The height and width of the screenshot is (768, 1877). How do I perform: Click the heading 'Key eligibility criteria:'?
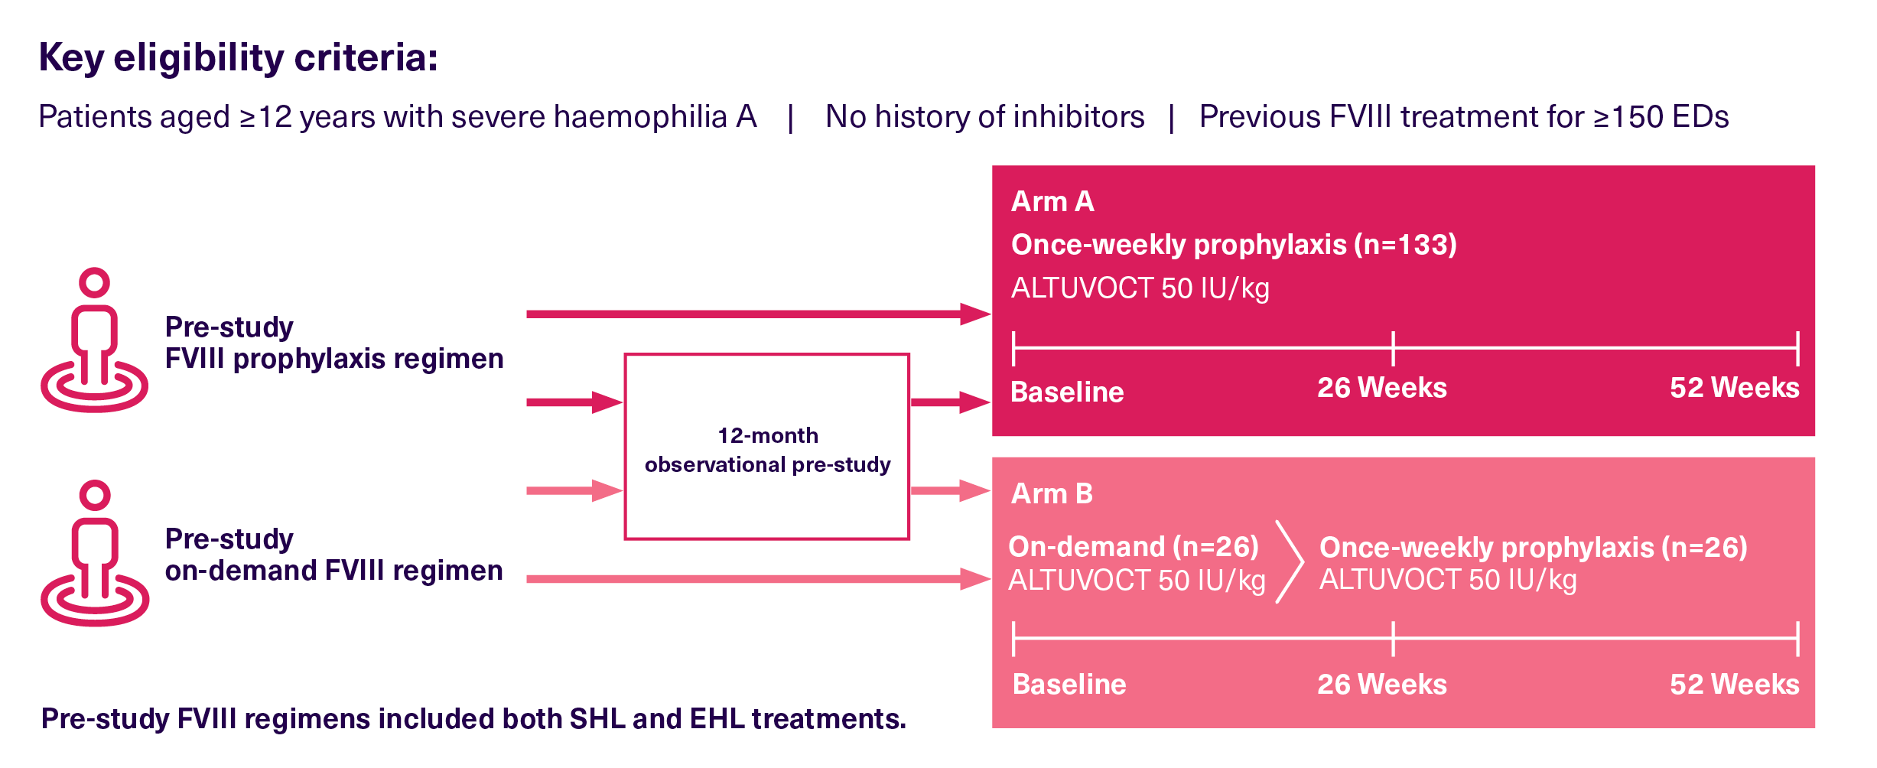(x=238, y=58)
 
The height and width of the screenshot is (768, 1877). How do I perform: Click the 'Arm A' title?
(x=1052, y=201)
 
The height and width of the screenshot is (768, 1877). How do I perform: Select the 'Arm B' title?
(x=1052, y=493)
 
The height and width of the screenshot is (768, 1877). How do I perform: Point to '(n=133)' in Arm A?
(x=1405, y=245)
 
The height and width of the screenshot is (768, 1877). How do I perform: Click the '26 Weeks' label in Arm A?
(x=1381, y=388)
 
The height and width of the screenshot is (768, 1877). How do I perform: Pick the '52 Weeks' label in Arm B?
(x=1734, y=684)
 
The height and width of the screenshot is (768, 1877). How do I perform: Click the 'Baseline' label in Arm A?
(x=1067, y=392)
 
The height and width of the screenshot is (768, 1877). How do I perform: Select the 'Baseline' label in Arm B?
(x=1069, y=684)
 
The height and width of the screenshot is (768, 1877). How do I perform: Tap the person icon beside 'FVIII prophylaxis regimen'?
(x=95, y=340)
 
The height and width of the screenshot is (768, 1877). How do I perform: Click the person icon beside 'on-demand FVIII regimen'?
(x=95, y=553)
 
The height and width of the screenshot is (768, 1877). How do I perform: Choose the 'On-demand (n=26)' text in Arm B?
(x=1134, y=547)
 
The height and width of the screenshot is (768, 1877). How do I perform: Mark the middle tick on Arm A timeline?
(x=1393, y=349)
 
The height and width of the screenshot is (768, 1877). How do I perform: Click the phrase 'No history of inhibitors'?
(x=984, y=117)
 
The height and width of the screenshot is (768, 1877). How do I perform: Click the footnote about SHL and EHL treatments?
(x=473, y=719)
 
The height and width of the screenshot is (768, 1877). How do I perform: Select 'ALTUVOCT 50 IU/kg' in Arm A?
(x=1140, y=288)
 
